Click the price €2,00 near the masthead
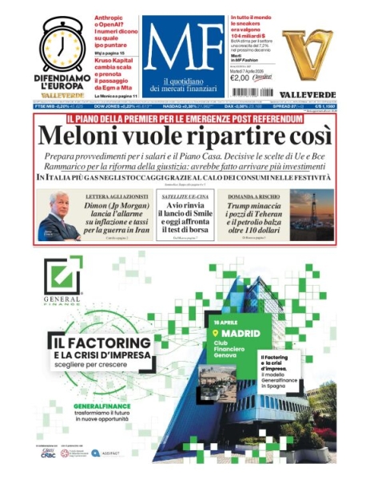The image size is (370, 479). [x=240, y=78]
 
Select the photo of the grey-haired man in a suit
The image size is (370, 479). [x=58, y=216]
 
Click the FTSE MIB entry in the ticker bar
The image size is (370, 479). [x=51, y=105]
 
